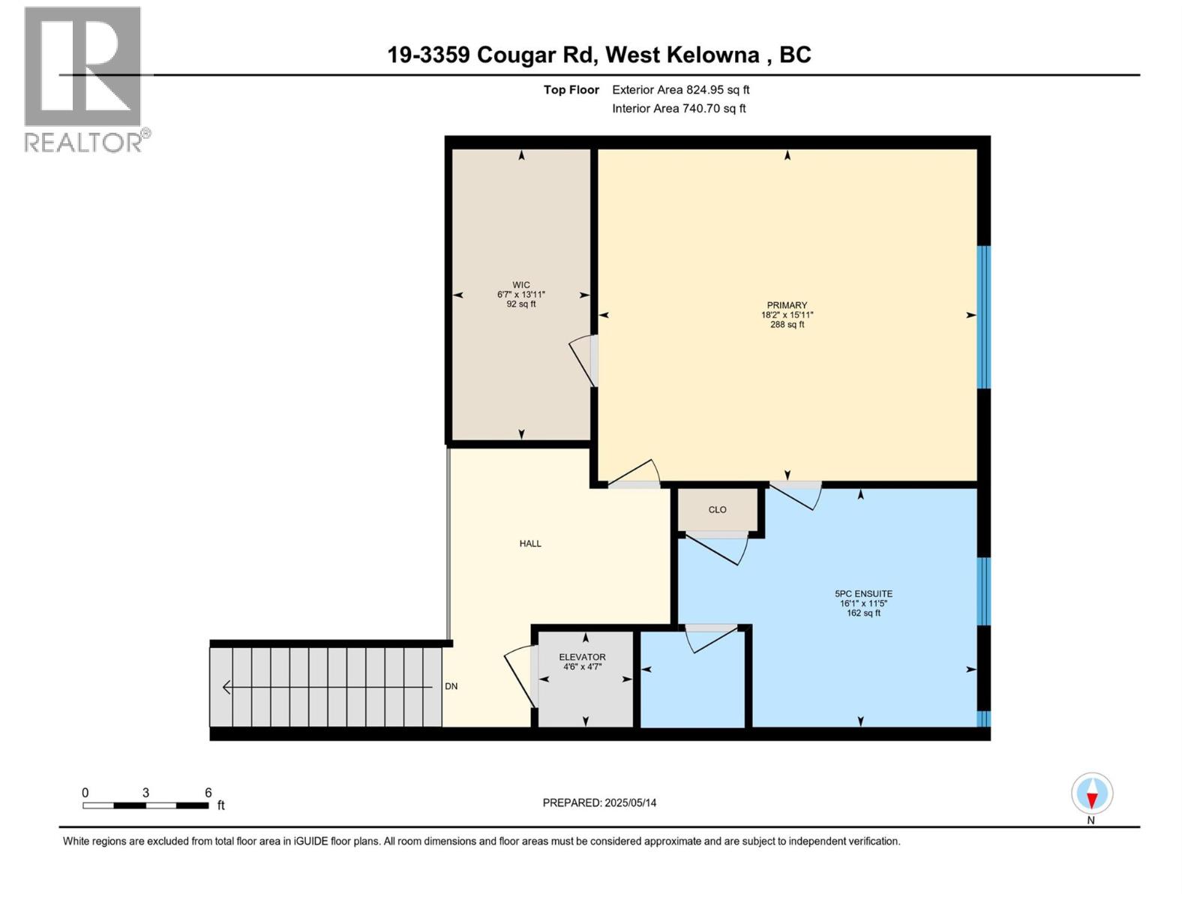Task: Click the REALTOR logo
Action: tap(83, 79)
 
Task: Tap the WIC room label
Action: tap(521, 285)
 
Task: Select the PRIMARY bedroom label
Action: tap(787, 305)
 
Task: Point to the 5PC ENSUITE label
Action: tap(863, 593)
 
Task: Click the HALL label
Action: tap(530, 544)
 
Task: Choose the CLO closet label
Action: tap(718, 510)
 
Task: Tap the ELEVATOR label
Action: tap(582, 657)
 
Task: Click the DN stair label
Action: tap(451, 686)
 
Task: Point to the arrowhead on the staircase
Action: tap(226, 687)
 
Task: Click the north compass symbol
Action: tap(1092, 793)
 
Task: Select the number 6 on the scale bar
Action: tap(208, 793)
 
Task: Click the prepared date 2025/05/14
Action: tap(630, 802)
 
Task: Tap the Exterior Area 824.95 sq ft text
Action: tap(680, 90)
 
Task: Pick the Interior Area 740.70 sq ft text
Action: tap(679, 109)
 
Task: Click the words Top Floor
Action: tap(571, 90)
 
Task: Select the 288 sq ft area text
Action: tap(787, 325)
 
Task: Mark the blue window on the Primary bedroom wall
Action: tap(984, 317)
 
